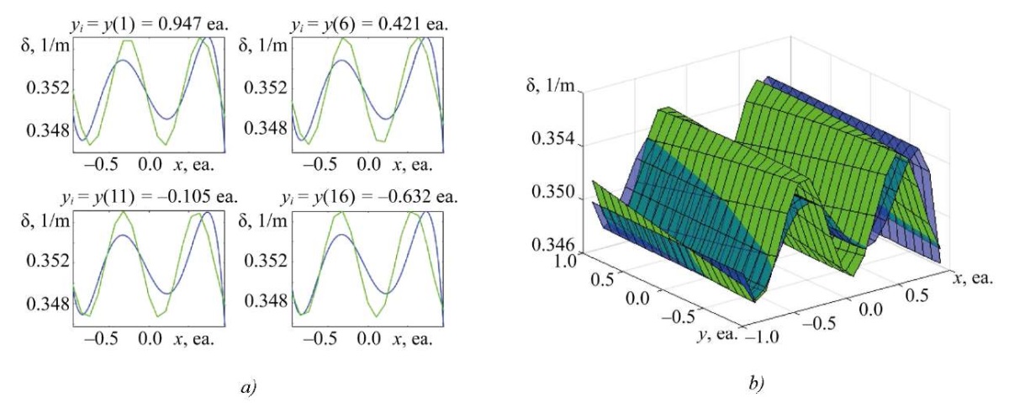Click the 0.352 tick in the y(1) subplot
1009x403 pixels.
(41, 87)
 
